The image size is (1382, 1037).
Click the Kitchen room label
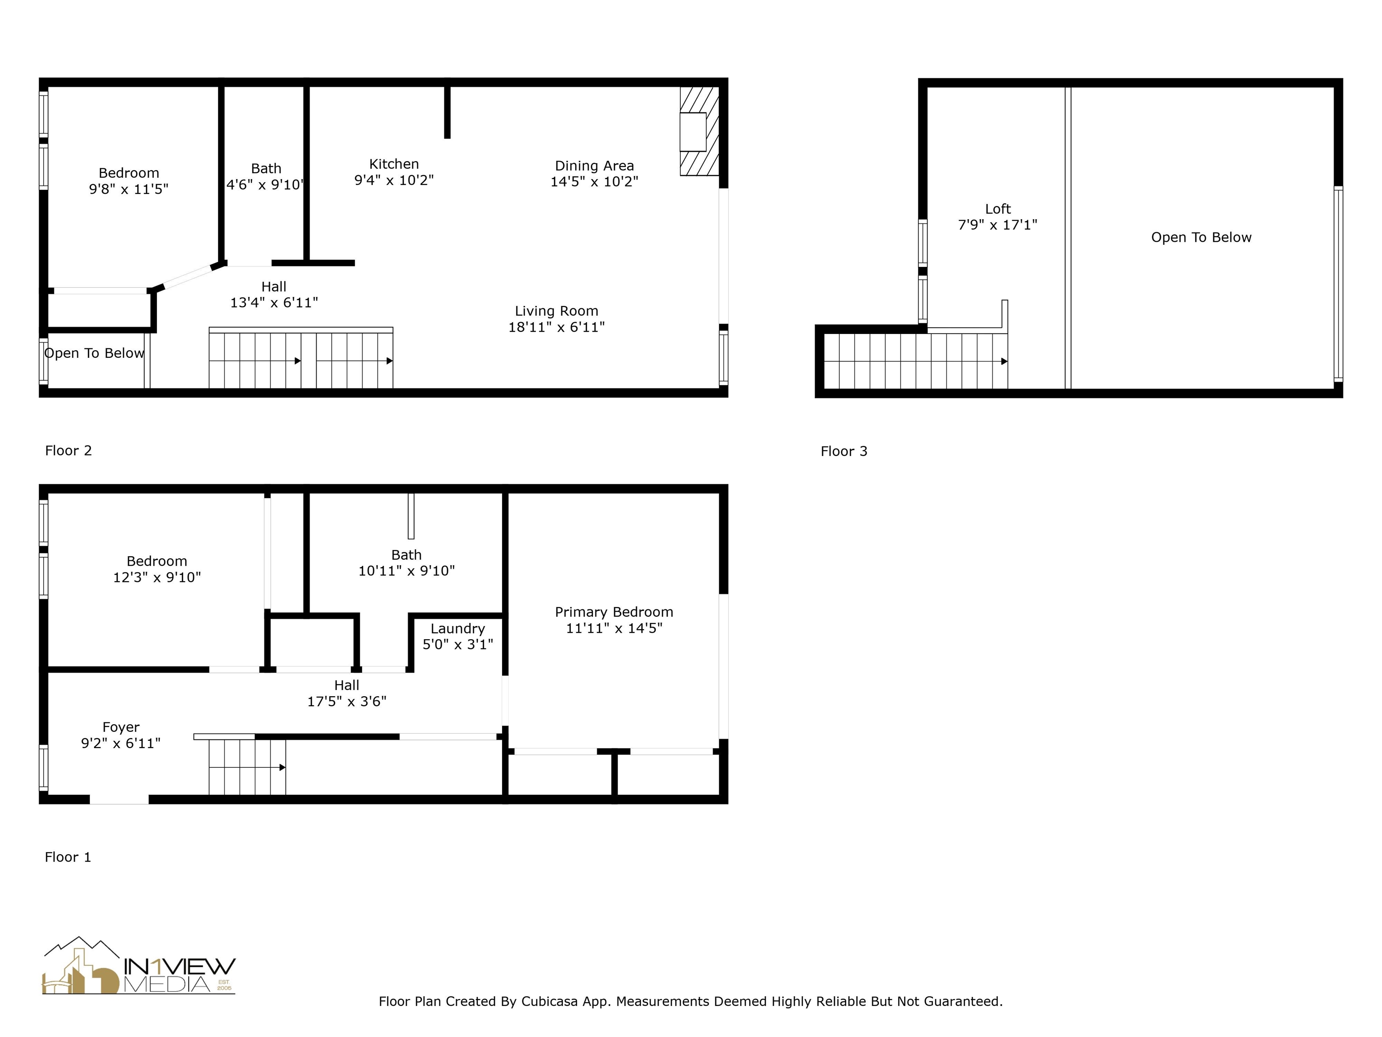point(394,164)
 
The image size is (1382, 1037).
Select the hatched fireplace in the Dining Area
point(699,131)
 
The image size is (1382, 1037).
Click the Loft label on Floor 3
point(997,209)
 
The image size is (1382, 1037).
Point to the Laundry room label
point(458,629)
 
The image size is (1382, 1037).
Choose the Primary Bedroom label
point(614,612)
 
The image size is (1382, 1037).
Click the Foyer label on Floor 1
point(121,727)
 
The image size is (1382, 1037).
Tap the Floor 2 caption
point(68,451)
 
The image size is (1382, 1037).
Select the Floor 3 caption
point(844,451)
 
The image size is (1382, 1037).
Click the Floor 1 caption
point(67,857)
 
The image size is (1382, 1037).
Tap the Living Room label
point(556,311)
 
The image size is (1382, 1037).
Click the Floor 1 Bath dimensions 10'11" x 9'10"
point(406,571)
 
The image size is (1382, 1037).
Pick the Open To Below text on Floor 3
point(1201,238)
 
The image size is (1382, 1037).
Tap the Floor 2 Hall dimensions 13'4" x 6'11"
point(274,302)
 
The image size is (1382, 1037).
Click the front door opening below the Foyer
point(119,799)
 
